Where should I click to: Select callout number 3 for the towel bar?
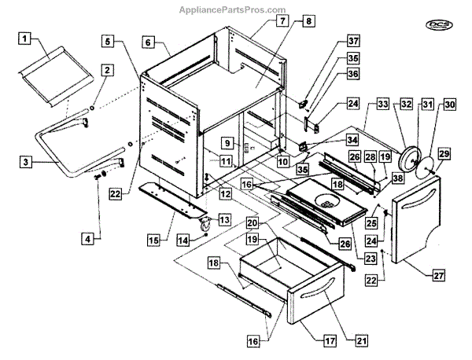26,162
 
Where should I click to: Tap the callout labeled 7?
262,21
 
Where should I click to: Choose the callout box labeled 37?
354,41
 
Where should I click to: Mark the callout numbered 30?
449,104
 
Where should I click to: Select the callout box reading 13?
224,219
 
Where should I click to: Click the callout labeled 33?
383,104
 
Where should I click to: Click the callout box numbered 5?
109,41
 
